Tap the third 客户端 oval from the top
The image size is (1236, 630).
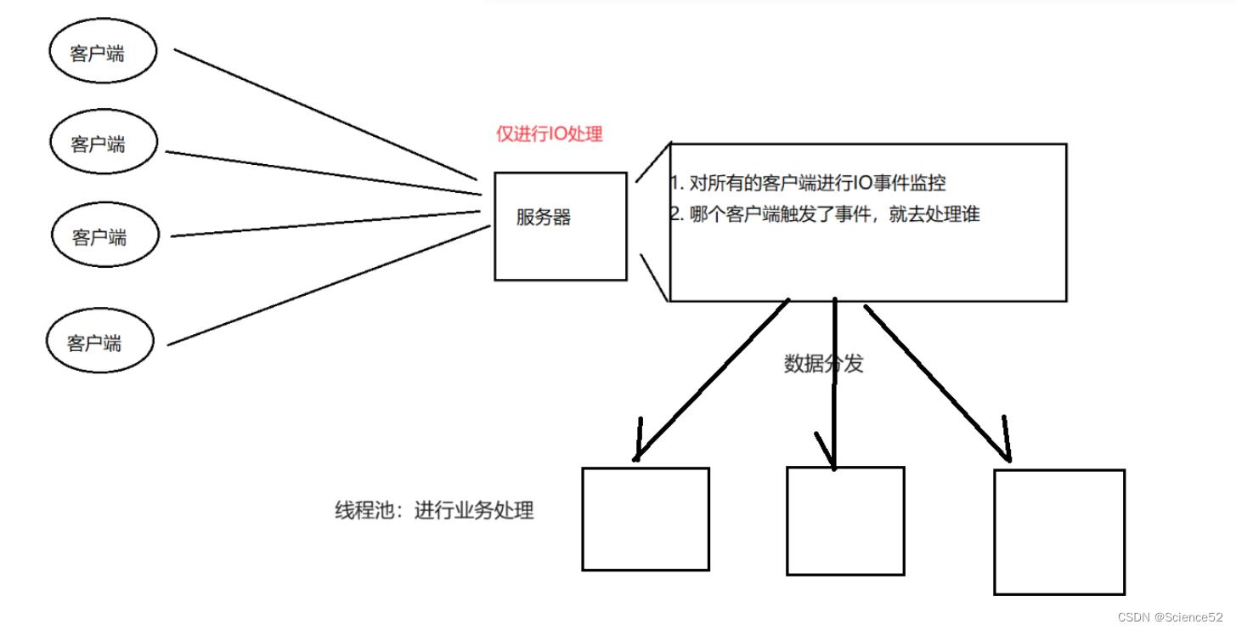[x=105, y=236]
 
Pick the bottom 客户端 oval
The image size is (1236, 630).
[x=99, y=342]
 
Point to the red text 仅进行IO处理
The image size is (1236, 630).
[x=550, y=133]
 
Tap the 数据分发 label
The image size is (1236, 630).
[x=823, y=364]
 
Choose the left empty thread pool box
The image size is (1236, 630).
[x=645, y=519]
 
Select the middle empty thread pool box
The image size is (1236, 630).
[x=845, y=520]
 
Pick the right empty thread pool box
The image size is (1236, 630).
[x=1058, y=531]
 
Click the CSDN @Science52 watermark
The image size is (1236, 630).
[x=1171, y=616]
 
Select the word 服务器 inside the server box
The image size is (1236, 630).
[x=544, y=218]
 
